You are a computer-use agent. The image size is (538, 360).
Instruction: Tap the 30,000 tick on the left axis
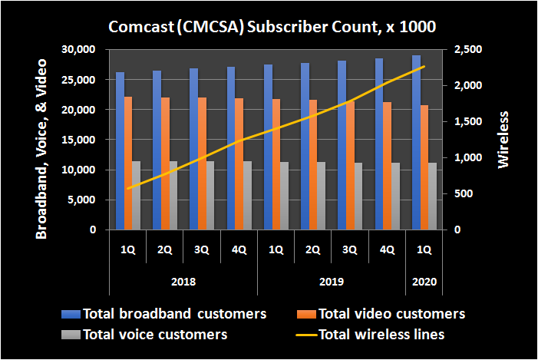coord(77,50)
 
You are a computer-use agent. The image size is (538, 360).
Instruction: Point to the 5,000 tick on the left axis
coord(80,200)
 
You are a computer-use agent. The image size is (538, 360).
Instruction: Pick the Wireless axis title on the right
coord(503,139)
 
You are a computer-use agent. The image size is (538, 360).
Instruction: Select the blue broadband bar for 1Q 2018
coord(120,151)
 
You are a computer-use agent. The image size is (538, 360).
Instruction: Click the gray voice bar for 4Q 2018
coord(247,195)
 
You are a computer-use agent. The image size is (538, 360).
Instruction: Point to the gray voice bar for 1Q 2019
coord(284,196)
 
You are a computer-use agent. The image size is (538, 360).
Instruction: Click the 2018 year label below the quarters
coord(183,282)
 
